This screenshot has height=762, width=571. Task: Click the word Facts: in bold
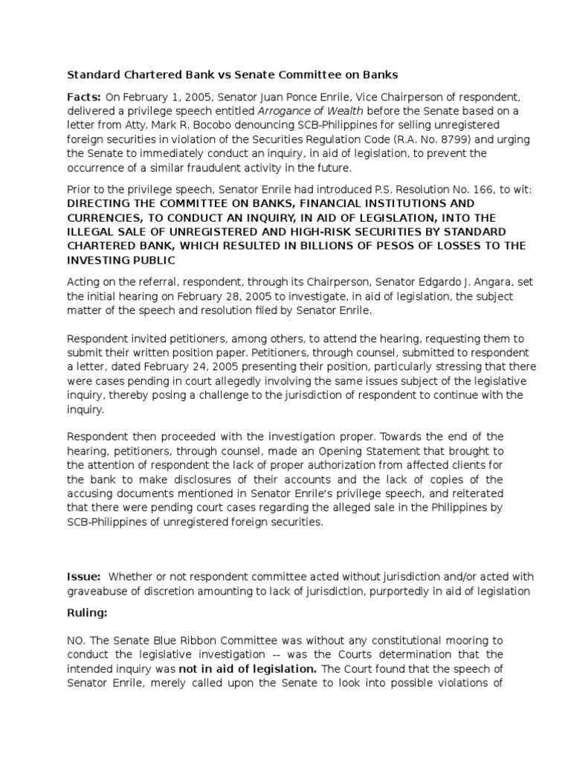pyautogui.click(x=84, y=96)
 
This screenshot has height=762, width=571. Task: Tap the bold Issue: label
pyautogui.click(x=84, y=577)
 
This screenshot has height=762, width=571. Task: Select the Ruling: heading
pyautogui.click(x=88, y=614)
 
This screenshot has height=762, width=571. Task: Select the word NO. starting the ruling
pyautogui.click(x=77, y=640)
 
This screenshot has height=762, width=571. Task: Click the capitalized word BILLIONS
pyautogui.click(x=335, y=246)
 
